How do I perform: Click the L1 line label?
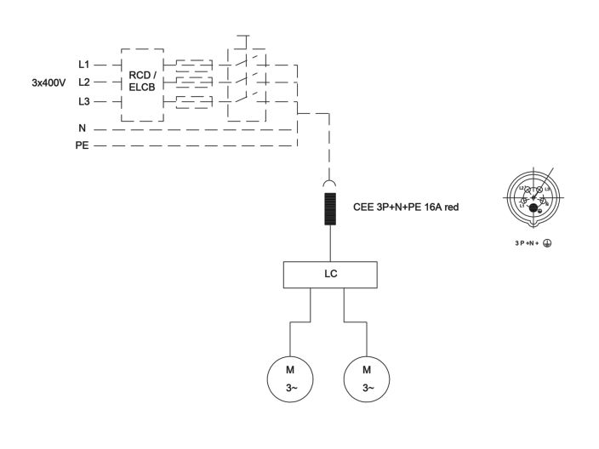(x=83, y=65)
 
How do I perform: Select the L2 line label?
(x=83, y=82)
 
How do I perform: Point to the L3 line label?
(x=83, y=101)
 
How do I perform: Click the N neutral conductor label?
(x=82, y=128)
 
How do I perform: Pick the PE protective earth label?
(x=81, y=145)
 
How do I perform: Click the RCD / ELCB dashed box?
(x=141, y=82)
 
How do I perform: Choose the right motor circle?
(x=367, y=379)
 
